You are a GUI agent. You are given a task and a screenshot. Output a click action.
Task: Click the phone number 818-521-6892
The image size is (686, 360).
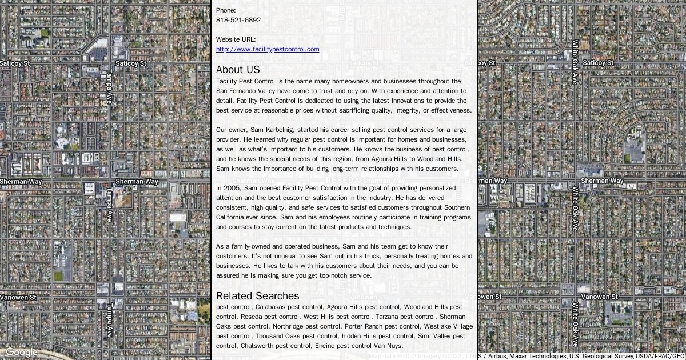pyautogui.click(x=238, y=20)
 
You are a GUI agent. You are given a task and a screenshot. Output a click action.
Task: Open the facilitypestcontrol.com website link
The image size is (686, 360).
pyautogui.click(x=268, y=49)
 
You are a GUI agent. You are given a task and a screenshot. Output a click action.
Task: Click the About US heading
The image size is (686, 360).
pyautogui.click(x=238, y=70)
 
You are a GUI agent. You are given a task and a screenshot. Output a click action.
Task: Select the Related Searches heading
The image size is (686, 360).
pyautogui.click(x=257, y=296)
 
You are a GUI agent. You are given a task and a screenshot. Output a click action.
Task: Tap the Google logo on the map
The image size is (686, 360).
pyautogui.click(x=21, y=352)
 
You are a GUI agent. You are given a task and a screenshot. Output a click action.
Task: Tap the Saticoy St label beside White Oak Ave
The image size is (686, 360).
pyautogui.click(x=598, y=63)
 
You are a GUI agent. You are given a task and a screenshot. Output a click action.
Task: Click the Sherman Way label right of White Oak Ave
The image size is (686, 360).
pyautogui.click(x=602, y=181)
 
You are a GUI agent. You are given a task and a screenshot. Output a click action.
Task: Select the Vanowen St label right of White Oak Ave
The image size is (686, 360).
pyautogui.click(x=599, y=297)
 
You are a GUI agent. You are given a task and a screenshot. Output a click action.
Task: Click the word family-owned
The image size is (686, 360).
pyautogui.click(x=243, y=246)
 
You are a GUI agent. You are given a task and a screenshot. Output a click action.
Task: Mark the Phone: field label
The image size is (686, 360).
pyautogui.click(x=226, y=10)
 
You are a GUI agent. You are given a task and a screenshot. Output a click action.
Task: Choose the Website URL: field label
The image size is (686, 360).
pyautogui.click(x=236, y=39)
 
